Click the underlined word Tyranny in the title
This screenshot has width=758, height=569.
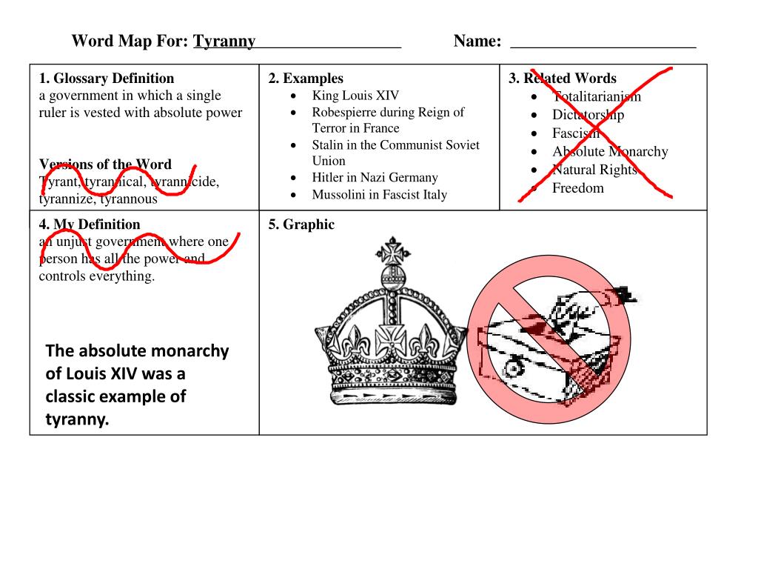point(224,41)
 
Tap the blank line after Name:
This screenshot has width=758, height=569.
point(603,43)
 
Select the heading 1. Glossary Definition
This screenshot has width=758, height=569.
point(107,79)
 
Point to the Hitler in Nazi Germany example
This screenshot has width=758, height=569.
point(375,178)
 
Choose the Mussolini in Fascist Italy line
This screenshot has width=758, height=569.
point(379,195)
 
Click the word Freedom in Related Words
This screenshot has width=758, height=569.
point(578,188)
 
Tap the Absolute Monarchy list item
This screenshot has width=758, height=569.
point(610,152)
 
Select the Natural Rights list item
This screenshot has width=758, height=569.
point(594,170)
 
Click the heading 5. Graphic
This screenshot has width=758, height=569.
point(301,224)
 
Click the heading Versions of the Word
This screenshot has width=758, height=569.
point(105,164)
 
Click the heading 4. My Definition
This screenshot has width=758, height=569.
point(90,224)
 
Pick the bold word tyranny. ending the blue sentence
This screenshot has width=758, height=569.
point(77,420)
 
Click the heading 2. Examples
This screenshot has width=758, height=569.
point(306,79)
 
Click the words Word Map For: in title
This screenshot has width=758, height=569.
point(130,41)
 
